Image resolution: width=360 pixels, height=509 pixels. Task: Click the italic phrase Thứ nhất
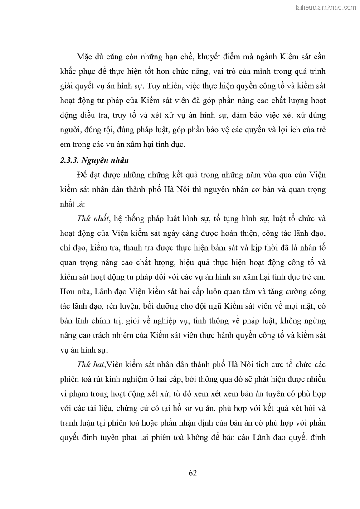coord(93,218)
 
